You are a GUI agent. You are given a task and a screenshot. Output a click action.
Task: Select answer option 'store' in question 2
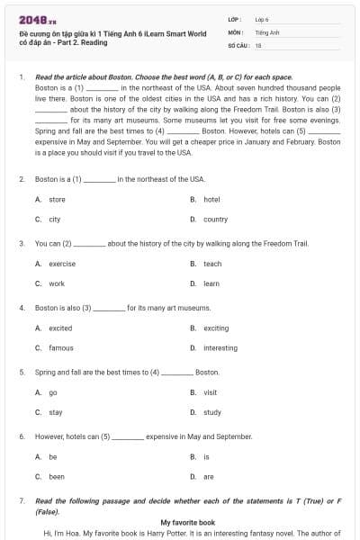pos(57,199)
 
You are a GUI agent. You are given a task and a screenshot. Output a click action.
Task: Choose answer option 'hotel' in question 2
pos(211,199)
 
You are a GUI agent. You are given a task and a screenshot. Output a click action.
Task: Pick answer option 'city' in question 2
pos(55,219)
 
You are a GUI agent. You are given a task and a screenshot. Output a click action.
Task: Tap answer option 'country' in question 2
pos(215,219)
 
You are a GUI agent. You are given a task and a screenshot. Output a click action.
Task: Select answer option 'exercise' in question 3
pos(62,264)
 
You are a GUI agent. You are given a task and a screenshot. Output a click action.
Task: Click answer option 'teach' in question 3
pos(212,264)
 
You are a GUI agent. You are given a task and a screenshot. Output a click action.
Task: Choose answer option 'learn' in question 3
pos(211,283)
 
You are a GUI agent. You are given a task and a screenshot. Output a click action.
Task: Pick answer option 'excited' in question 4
pos(60,328)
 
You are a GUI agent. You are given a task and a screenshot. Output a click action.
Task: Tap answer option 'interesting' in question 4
pos(220,347)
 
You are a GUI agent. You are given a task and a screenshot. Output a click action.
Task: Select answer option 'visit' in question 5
pos(211,392)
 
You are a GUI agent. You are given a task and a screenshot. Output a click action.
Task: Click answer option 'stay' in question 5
pos(56,412)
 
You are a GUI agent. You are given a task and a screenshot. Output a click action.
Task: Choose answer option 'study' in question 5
pos(212,412)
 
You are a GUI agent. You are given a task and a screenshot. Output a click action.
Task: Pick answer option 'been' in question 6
pos(57,476)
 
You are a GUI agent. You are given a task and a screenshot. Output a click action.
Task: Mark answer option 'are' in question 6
pos(209,476)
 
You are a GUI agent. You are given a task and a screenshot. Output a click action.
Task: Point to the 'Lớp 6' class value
pos(262,18)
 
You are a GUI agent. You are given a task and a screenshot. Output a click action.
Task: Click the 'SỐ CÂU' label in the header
pos(237,44)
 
